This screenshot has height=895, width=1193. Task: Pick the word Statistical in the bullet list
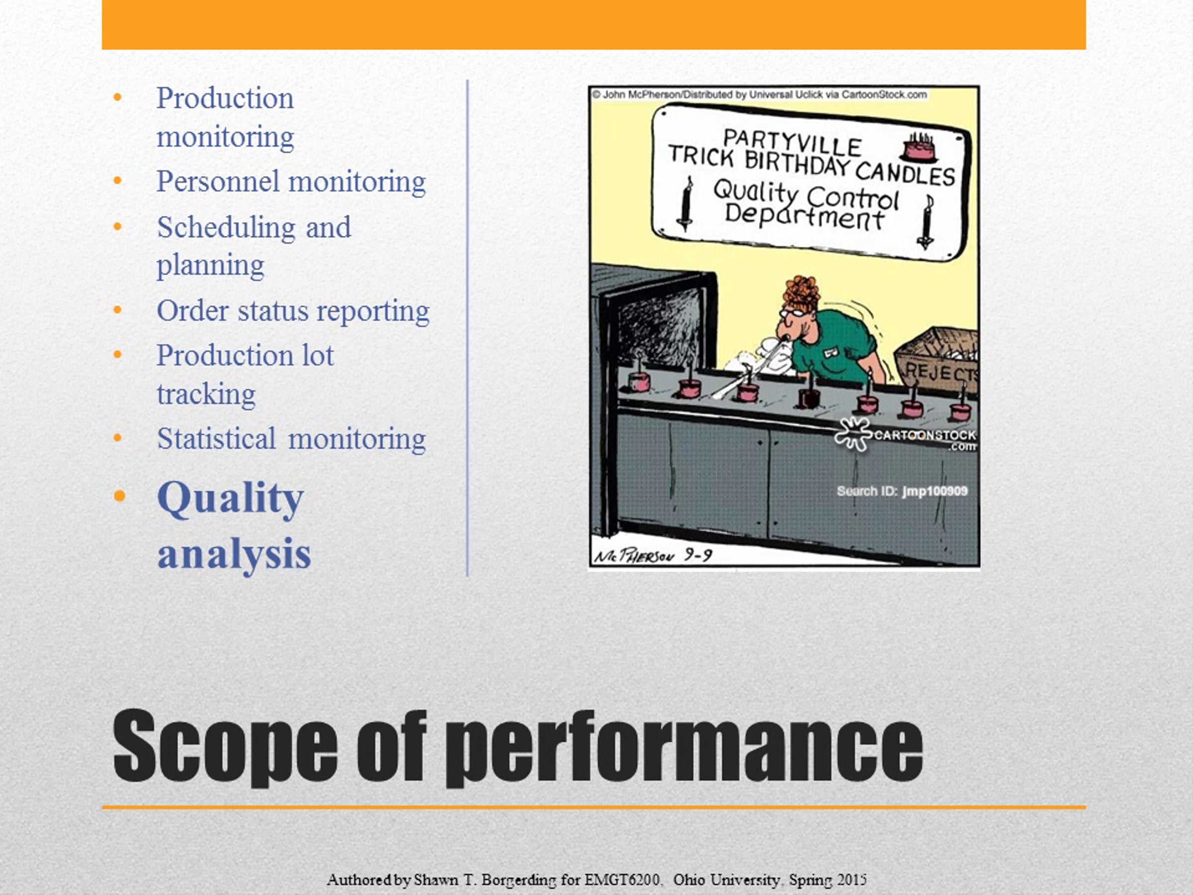coord(216,439)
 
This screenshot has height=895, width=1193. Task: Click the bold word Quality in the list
coord(231,499)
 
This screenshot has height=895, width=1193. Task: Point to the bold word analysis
coord(234,554)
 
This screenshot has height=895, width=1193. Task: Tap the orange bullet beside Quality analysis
coord(119,495)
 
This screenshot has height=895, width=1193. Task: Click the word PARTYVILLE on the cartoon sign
coord(792,144)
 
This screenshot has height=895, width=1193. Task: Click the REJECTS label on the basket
coord(941,372)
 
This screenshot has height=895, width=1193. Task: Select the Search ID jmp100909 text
coord(902,491)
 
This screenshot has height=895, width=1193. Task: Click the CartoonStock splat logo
coord(852,433)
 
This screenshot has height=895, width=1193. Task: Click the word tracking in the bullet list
coord(206,395)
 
